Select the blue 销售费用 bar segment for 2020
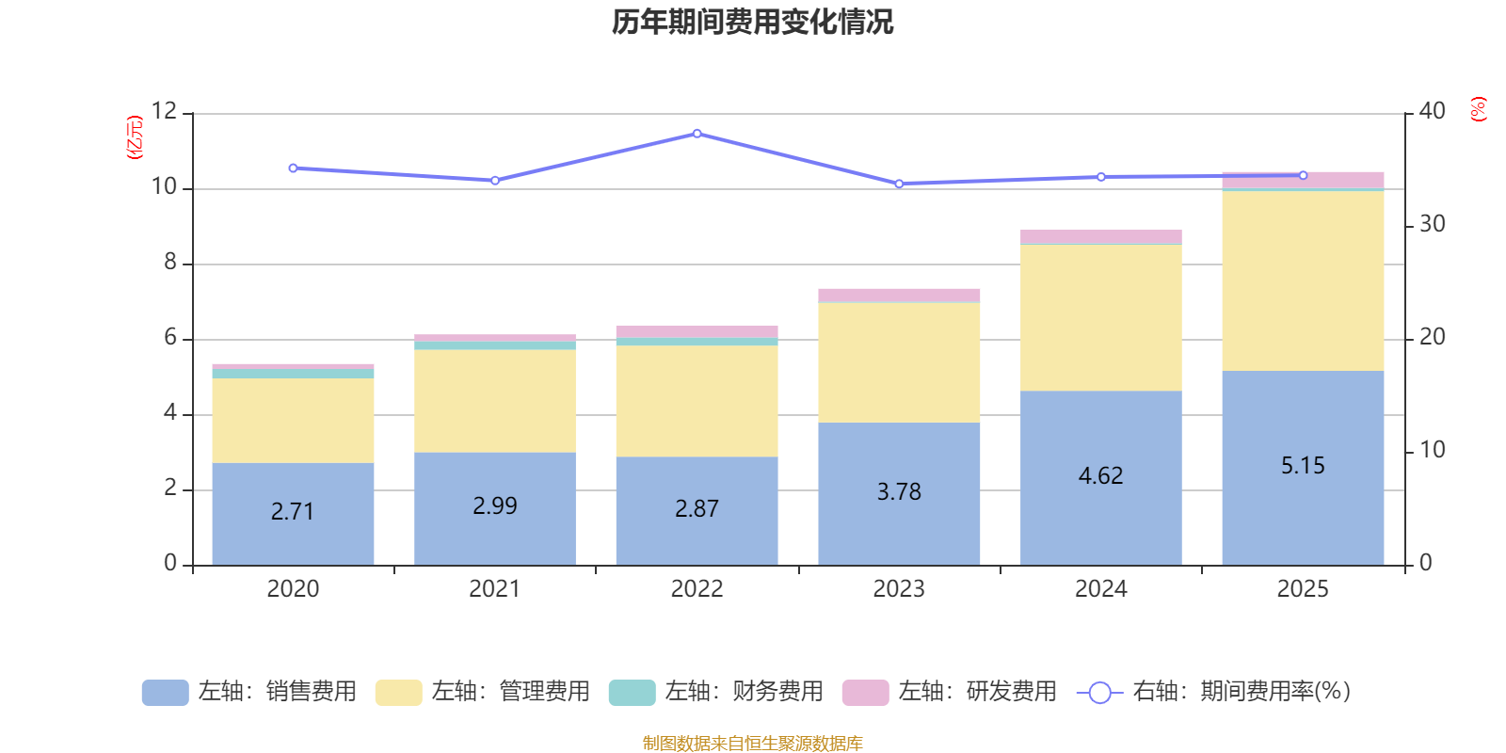293,537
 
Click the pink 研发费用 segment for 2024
1100,236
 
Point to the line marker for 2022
697,134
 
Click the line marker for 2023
899,184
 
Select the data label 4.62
1100,475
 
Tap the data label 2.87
697,508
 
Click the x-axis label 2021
494,589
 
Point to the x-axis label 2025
1303,589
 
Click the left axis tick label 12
164,111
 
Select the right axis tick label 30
1432,224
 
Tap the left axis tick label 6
170,337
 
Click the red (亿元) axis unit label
135,137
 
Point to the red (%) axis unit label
1478,109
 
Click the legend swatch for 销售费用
165,692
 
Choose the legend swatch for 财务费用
632,692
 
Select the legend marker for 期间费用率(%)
1099,693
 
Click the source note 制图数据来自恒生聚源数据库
752,744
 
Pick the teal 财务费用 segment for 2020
293,374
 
